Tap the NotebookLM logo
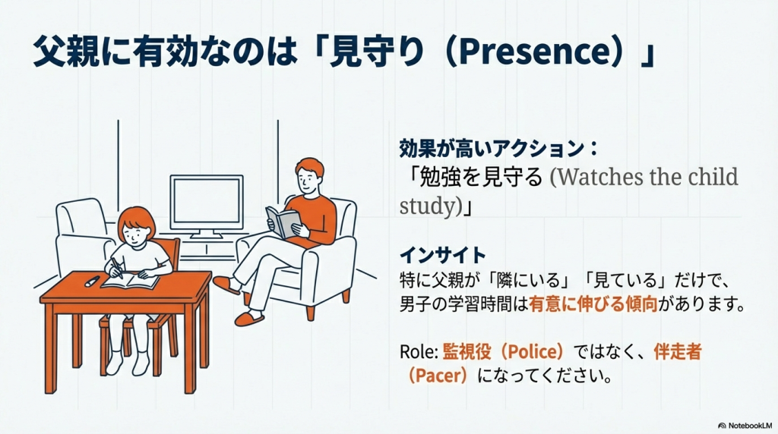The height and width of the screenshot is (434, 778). point(745,426)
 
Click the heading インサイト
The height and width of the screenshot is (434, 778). point(443,255)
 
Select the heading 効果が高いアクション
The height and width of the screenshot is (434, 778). point(492,148)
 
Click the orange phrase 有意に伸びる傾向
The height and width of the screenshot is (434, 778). point(593,303)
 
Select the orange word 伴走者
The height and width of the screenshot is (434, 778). point(677,352)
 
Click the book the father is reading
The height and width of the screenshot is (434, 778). point(283,222)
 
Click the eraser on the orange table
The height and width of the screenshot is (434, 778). point(92,281)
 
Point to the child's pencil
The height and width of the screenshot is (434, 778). point(117,268)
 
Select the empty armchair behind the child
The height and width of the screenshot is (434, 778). point(84,233)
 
